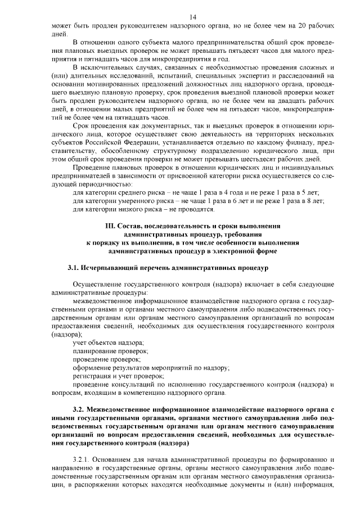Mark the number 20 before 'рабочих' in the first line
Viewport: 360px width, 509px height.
point(304,26)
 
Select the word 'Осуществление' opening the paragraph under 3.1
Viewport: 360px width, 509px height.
point(98,284)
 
